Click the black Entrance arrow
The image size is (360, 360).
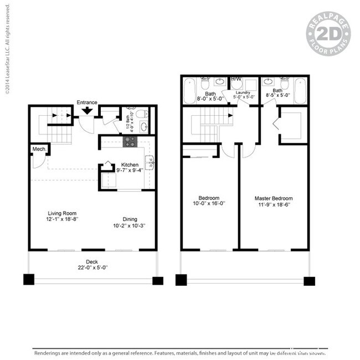(87, 111)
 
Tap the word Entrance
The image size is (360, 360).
(87, 102)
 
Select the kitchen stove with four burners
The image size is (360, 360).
(130, 142)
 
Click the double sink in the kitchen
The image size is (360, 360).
(149, 162)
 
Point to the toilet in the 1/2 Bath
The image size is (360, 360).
(142, 114)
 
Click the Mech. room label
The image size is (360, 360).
(38, 149)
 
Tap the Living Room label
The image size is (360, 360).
(61, 213)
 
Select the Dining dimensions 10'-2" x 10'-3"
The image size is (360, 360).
(130, 225)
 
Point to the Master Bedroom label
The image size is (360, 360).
(274, 198)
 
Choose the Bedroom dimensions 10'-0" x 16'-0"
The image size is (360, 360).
(209, 204)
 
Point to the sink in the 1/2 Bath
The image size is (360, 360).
(143, 127)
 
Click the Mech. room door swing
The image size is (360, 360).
(37, 162)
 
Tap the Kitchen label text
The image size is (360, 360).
(130, 165)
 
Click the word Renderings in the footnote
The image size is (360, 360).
(48, 352)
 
